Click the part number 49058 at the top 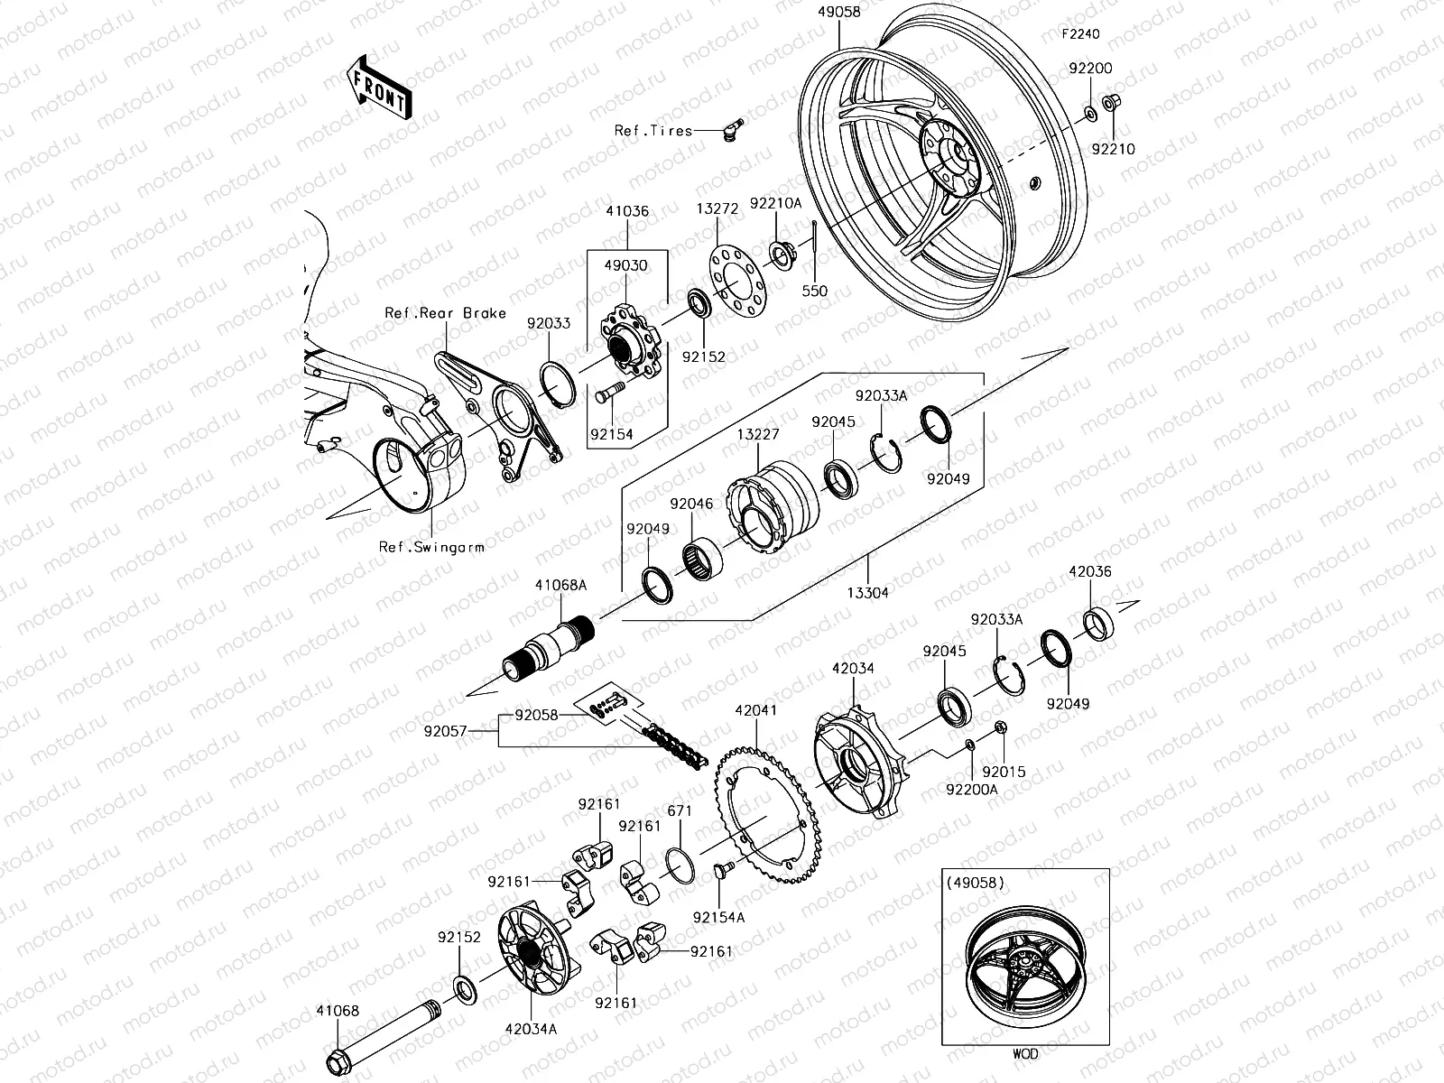coord(838,13)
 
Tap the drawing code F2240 coord(1081,34)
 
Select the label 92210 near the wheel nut coord(1115,149)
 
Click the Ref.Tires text coord(653,130)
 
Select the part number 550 coord(815,292)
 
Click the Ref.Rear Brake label coord(445,313)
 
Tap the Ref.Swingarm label coord(431,547)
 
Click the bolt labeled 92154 coord(611,394)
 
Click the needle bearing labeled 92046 coord(699,550)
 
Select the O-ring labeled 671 coord(680,864)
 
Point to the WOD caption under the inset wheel coord(1025,1053)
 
